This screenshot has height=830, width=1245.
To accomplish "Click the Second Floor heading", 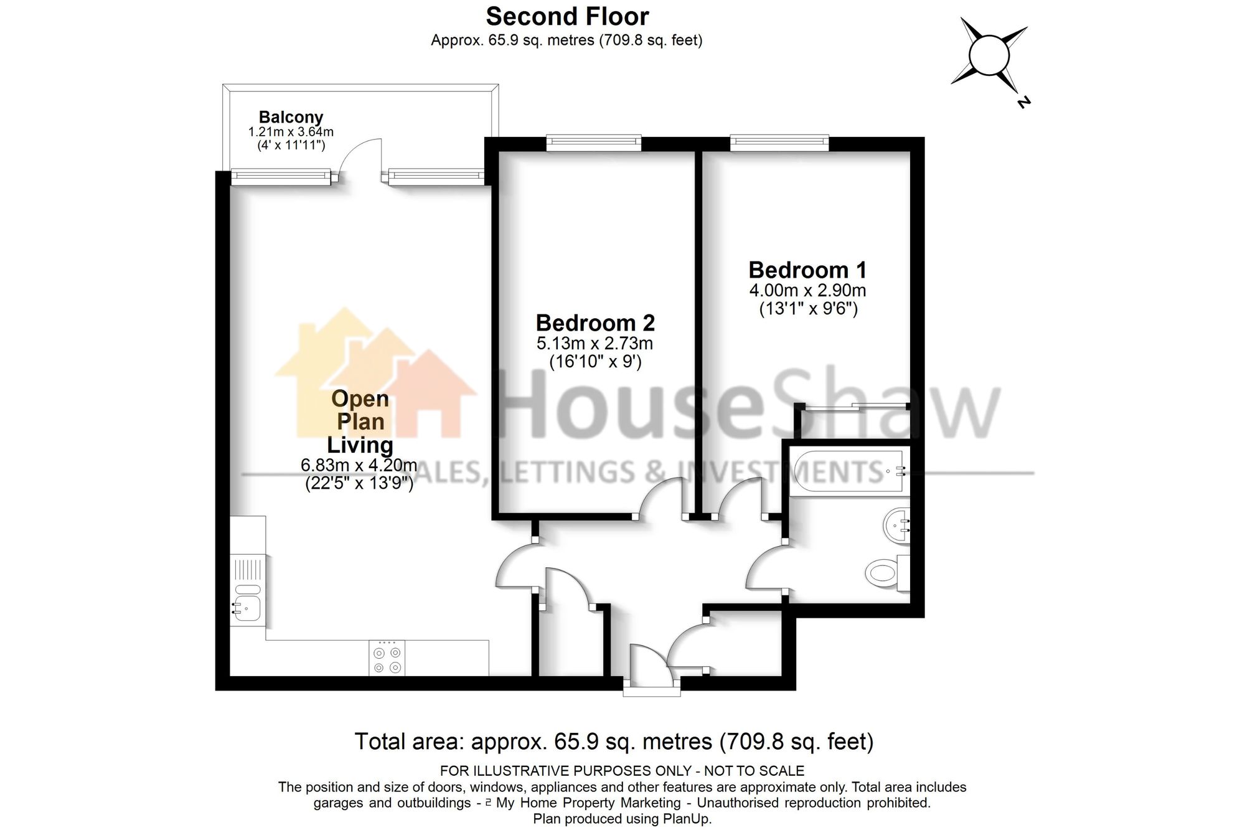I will (x=567, y=16).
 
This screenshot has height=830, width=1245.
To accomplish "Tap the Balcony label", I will (x=291, y=117).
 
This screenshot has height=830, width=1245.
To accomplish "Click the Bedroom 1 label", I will (x=807, y=270).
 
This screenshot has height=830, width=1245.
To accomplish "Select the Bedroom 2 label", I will (x=595, y=323).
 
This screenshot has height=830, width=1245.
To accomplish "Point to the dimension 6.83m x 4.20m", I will (x=359, y=465).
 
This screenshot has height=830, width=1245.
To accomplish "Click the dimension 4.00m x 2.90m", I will (x=807, y=290).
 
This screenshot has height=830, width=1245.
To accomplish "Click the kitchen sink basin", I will (x=247, y=605).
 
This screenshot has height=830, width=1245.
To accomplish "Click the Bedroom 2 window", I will (x=593, y=143).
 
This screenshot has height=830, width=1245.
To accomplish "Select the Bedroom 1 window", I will (x=779, y=143).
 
